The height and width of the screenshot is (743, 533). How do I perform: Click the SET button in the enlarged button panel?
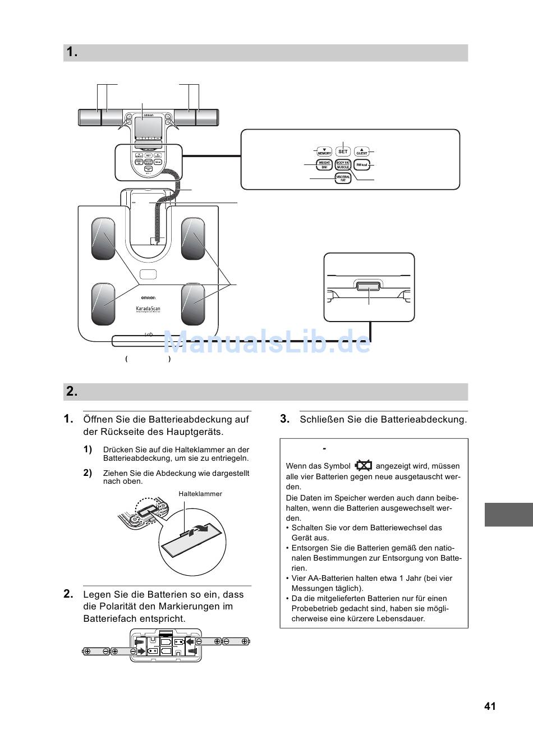click(x=343, y=152)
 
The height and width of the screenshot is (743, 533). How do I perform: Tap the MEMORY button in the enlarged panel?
click(x=324, y=152)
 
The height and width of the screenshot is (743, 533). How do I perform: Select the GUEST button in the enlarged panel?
click(x=362, y=152)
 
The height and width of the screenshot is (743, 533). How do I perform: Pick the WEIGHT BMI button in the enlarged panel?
click(x=324, y=165)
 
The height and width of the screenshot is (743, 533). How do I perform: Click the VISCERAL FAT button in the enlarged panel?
click(x=343, y=178)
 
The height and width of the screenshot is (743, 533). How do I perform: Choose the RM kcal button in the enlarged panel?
click(x=362, y=165)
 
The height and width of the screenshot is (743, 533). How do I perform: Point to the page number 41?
click(x=490, y=707)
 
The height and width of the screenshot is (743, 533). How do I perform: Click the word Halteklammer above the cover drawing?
click(x=200, y=494)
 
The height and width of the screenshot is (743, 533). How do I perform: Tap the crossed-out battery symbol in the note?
click(x=363, y=465)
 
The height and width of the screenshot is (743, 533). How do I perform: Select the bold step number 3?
click(x=284, y=419)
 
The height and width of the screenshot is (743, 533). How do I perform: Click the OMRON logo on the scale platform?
click(x=148, y=297)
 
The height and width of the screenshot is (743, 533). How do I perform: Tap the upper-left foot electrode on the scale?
click(x=103, y=239)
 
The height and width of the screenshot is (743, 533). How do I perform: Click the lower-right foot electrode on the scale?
click(x=193, y=304)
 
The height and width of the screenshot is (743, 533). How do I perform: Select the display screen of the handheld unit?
click(x=148, y=126)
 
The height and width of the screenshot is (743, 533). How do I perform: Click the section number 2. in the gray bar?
click(x=72, y=392)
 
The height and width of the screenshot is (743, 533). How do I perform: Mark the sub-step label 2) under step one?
click(x=88, y=473)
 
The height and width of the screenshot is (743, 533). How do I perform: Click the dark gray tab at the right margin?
click(x=508, y=515)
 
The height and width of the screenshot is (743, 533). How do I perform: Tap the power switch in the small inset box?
click(x=369, y=287)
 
